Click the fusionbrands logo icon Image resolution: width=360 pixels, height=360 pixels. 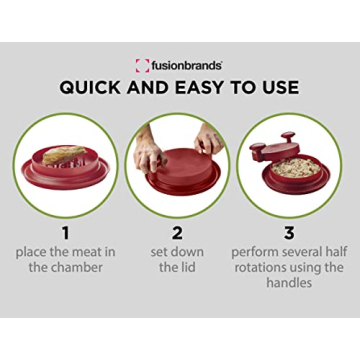click(142, 65)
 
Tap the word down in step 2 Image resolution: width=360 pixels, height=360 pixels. click(200, 252)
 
